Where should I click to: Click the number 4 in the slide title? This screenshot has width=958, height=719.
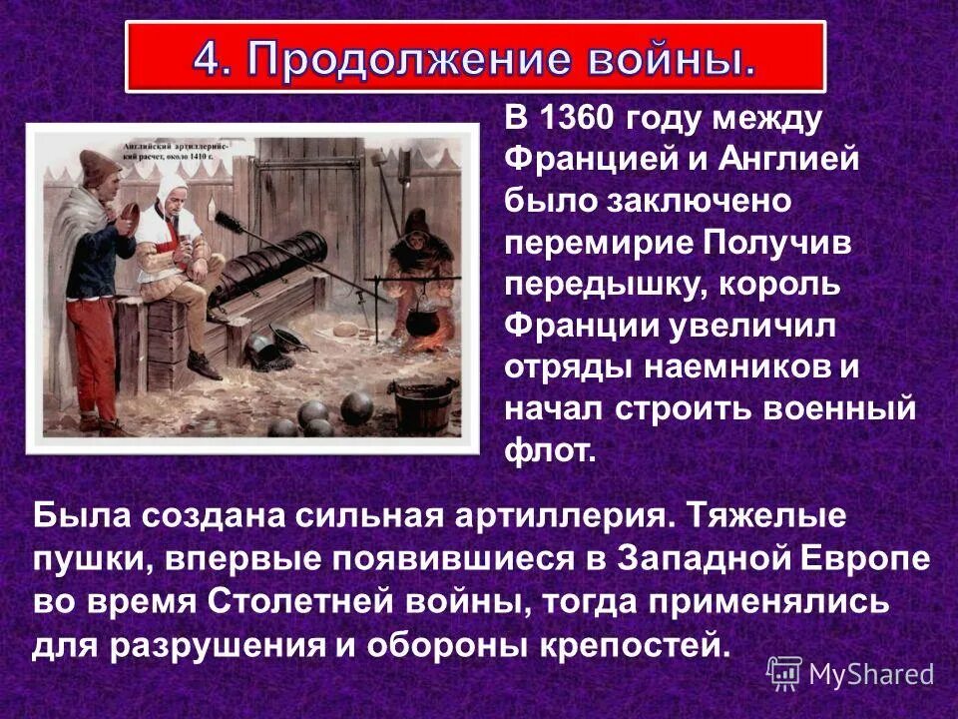209,58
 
